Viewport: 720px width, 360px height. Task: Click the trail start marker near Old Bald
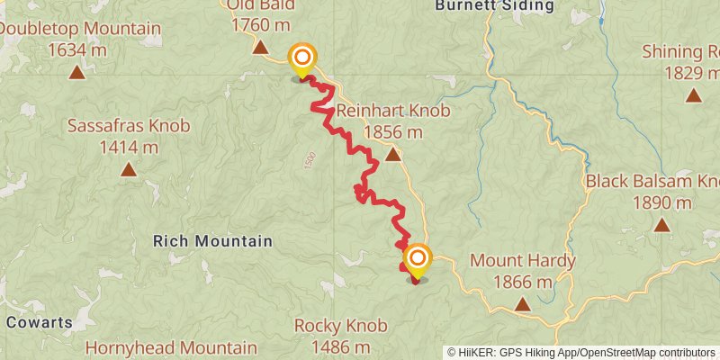tap(302, 59)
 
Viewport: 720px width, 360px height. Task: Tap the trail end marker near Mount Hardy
tap(417, 261)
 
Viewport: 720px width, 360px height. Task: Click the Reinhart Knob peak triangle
tap(392, 155)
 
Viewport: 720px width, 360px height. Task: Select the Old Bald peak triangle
tap(260, 48)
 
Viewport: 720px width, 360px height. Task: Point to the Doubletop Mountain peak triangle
tap(76, 71)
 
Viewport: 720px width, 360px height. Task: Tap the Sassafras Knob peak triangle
tap(129, 169)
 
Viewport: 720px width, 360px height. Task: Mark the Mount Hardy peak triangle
tap(522, 305)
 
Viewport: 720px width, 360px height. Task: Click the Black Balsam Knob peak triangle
tap(662, 225)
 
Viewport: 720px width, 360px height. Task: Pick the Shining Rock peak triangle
tap(693, 94)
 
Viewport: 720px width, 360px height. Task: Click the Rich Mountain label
tap(212, 241)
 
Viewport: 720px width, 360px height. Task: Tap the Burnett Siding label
tap(494, 5)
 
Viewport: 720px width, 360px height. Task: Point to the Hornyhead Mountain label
tap(170, 346)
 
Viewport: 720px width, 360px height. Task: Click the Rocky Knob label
tap(340, 325)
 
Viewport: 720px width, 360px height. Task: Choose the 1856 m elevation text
tap(393, 132)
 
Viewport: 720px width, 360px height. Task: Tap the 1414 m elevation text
tap(130, 147)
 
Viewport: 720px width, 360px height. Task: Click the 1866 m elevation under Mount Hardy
tap(522, 283)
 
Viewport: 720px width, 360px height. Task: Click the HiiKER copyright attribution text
tap(581, 353)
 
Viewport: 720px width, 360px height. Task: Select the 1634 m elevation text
tap(76, 49)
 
